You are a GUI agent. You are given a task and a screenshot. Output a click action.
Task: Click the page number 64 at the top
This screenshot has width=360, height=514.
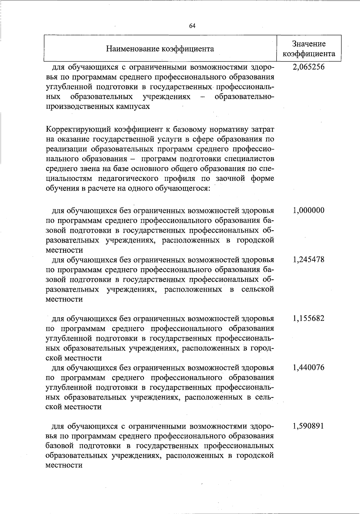pyautogui.click(x=192, y=26)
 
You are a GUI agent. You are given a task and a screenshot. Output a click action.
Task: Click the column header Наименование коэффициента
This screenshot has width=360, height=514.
pyautogui.click(x=160, y=49)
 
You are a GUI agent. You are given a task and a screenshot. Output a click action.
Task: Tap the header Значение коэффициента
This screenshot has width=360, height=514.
pyautogui.click(x=309, y=49)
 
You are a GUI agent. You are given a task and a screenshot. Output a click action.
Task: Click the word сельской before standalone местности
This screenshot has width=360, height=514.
pyautogui.click(x=258, y=289)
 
